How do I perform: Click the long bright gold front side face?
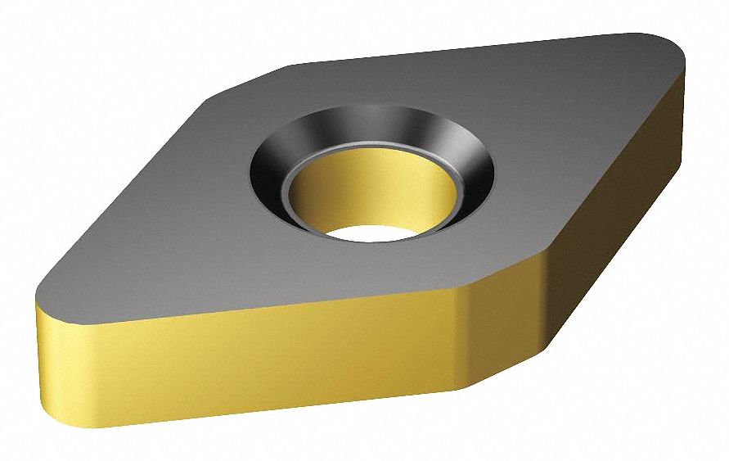coord(245,368)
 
